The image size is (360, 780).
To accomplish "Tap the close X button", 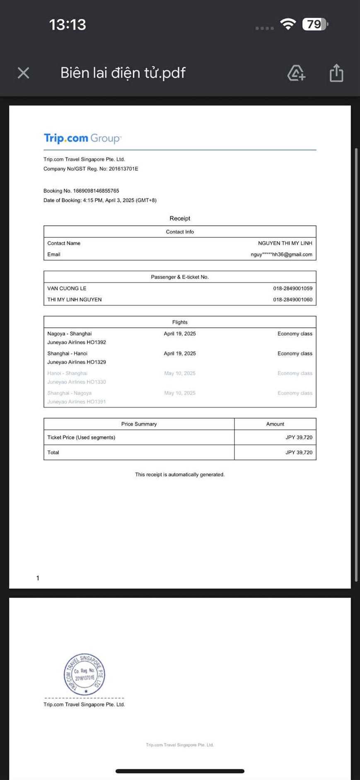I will click(24, 73).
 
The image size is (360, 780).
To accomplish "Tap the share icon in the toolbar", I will click(336, 73).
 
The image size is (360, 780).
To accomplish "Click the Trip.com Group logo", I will click(82, 138).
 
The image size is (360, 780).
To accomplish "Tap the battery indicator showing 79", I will click(315, 24).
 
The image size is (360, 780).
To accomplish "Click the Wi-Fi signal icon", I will click(288, 24).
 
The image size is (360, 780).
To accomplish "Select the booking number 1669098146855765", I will click(96, 191).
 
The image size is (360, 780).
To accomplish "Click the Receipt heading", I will click(180, 218).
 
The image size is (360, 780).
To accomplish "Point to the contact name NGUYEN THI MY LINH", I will click(285, 243).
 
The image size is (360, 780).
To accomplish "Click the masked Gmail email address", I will click(281, 254).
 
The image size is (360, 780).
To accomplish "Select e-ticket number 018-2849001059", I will click(292, 288).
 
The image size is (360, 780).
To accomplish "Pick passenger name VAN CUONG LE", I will click(67, 288).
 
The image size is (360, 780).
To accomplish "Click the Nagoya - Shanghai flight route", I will click(70, 333).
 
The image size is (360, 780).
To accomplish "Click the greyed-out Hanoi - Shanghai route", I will click(67, 373).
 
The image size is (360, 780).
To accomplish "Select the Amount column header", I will click(275, 424).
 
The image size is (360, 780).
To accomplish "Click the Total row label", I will click(53, 452).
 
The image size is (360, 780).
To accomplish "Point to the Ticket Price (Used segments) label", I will click(81, 437).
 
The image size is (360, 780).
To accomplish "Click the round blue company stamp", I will click(85, 674).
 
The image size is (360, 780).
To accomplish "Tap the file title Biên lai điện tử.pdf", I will click(123, 73).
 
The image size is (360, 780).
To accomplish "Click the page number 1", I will click(38, 578).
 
